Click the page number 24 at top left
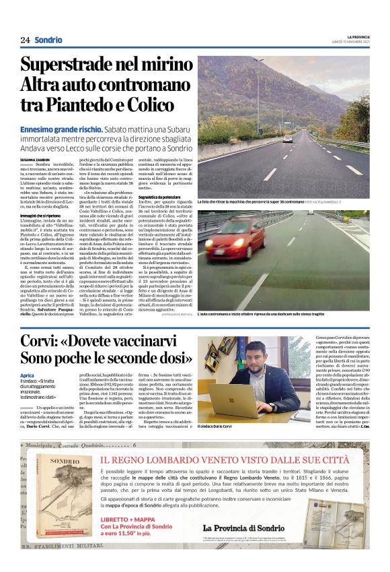25,40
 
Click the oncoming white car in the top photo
288,139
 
